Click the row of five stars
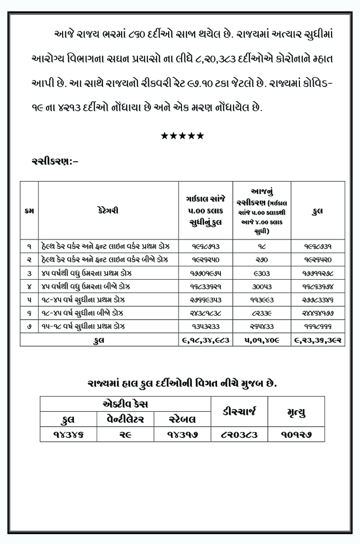182,136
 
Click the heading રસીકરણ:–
55,161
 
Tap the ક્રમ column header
29,211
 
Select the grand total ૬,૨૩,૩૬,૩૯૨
318,339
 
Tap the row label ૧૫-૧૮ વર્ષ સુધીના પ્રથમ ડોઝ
83,326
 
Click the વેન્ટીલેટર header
126,419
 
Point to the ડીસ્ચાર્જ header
240,411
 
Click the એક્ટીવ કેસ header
125,404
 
